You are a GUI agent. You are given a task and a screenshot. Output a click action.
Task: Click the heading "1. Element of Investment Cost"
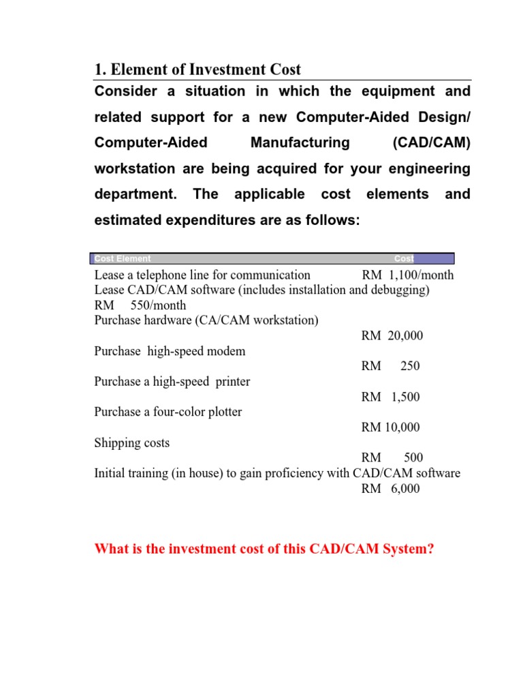coord(197,70)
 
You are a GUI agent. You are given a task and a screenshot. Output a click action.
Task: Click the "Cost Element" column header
coord(123,259)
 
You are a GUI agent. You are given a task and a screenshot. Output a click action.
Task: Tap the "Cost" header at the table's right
coord(404,259)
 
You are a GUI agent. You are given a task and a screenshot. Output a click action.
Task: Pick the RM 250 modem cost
coord(391,366)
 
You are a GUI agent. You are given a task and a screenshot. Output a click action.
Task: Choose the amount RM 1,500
coord(391,397)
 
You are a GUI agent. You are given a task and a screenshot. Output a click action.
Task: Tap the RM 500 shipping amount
coord(392,458)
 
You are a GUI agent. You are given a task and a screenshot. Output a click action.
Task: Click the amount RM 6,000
coord(391,489)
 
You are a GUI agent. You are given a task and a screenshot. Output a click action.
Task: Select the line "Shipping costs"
coord(132,443)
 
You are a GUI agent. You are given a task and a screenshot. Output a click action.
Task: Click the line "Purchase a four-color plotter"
coord(168,412)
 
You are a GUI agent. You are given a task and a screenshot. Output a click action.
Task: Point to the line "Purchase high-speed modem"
coord(170,352)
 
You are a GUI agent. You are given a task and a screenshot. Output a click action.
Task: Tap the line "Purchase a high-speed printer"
coord(172,382)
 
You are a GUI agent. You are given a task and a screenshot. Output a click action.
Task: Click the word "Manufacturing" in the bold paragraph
coord(300,142)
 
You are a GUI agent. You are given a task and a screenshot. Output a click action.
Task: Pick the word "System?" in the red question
coord(408,549)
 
